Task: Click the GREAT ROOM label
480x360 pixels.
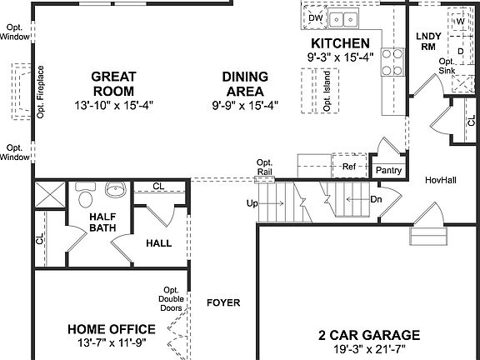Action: (112, 83)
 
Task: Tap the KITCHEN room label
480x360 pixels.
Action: (340, 43)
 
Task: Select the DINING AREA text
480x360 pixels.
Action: (243, 83)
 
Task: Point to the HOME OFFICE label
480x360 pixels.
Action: (111, 328)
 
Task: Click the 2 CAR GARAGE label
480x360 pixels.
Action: (368, 335)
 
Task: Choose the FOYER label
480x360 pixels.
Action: (223, 302)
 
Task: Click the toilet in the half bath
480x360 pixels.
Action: (84, 198)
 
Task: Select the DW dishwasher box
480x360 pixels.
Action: (315, 17)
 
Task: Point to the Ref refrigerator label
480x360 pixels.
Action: (348, 167)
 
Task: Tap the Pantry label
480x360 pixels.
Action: (389, 171)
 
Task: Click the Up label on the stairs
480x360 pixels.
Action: (252, 202)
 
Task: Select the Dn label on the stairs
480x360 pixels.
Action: (375, 200)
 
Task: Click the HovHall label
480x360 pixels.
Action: (440, 180)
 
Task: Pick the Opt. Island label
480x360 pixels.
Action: (327, 92)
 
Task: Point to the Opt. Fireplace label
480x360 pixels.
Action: (40, 92)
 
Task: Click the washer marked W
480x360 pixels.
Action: (460, 22)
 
